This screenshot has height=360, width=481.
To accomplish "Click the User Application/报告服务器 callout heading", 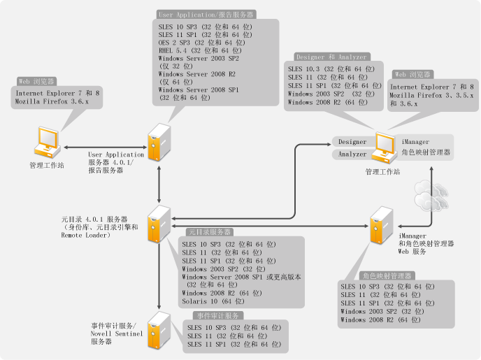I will pyautogui.click(x=207, y=14).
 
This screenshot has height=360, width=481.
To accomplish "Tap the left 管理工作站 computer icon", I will pyautogui.click(x=47, y=143).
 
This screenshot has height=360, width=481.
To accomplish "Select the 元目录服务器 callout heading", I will pyautogui.click(x=210, y=232).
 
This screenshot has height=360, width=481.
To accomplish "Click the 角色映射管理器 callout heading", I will pyautogui.click(x=388, y=276).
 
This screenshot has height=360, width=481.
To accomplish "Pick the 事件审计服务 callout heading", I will pyautogui.click(x=219, y=316).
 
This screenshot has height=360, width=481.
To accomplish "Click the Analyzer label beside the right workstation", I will pyautogui.click(x=352, y=154).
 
